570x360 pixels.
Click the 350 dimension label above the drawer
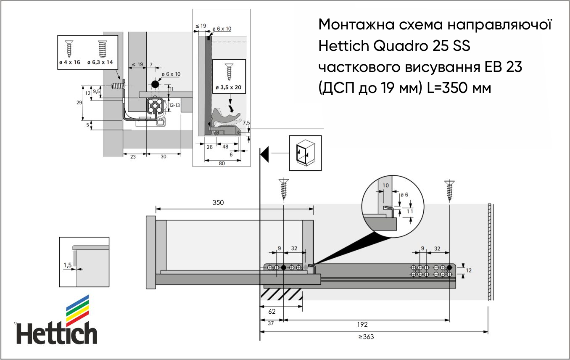[218, 203]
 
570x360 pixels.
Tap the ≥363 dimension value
[366, 337]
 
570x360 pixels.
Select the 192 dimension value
[362, 325]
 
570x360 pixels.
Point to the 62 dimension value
[272, 311]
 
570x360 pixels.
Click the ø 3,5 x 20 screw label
[229, 87]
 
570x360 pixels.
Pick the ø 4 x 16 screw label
[69, 62]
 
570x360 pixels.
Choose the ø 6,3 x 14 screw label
[100, 62]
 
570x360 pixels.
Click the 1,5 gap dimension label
[67, 265]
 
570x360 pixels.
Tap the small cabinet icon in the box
[305, 153]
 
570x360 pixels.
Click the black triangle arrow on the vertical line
[265, 154]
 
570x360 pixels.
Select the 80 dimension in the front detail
[222, 164]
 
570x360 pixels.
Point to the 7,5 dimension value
[246, 123]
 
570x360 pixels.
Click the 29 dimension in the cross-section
[79, 103]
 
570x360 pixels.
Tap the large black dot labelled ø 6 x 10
[155, 84]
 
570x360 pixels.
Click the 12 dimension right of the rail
[468, 270]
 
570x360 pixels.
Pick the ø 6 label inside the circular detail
[404, 195]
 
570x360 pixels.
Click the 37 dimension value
[271, 323]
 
